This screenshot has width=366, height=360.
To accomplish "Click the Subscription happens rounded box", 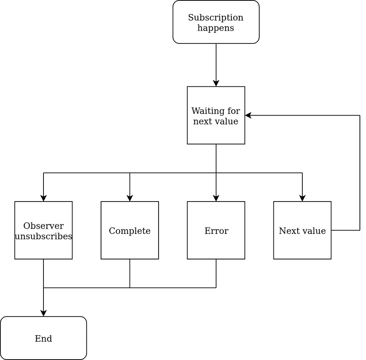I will click(x=216, y=22).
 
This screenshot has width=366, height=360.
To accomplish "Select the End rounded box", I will click(x=43, y=338).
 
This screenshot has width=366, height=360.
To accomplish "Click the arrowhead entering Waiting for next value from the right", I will click(x=248, y=115).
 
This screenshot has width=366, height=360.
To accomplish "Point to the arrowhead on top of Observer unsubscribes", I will click(x=43, y=198).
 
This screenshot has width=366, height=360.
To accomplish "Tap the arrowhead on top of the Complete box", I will click(x=130, y=198).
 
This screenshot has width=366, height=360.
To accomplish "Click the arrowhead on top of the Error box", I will click(x=216, y=198).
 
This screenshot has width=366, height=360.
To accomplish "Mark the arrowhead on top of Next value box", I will click(x=302, y=198).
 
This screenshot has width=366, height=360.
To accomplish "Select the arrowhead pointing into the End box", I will click(x=43, y=313).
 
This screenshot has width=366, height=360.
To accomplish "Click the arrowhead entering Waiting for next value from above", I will click(x=216, y=83).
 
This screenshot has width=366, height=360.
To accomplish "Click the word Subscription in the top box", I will click(x=216, y=18).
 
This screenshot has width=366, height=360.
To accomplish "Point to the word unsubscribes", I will click(x=43, y=237).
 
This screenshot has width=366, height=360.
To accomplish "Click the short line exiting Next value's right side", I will click(x=345, y=230).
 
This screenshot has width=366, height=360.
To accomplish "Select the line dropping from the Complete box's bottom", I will click(x=130, y=273).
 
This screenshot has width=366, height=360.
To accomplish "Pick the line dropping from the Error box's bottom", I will click(x=216, y=273).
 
